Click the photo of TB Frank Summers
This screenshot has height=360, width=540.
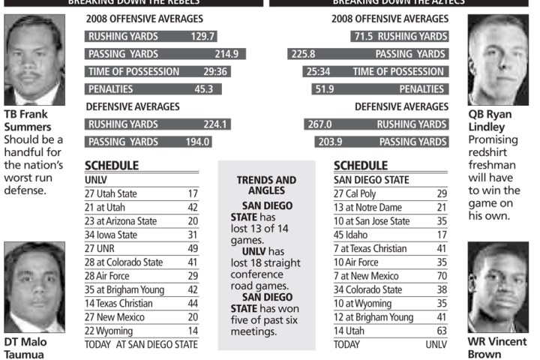click(34, 59)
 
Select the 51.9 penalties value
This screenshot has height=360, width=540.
click(324, 89)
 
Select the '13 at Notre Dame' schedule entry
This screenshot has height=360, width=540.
click(371, 207)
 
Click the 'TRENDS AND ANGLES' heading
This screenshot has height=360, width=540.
click(266, 185)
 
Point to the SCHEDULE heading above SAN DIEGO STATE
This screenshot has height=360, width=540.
click(361, 165)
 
